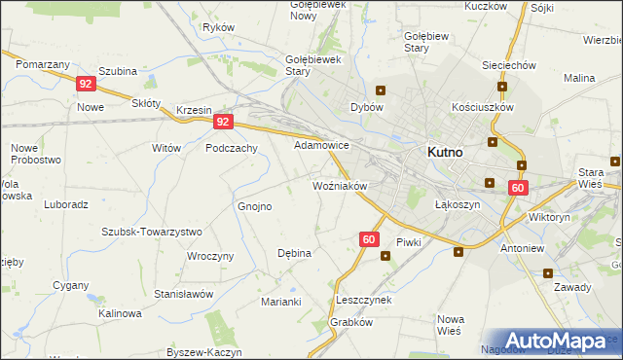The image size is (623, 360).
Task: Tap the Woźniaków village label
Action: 339,185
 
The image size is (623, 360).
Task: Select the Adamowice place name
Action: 322,145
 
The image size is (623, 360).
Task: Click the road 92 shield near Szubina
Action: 86,85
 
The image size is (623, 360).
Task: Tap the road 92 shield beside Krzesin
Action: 224,122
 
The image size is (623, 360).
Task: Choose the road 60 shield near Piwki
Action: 368,238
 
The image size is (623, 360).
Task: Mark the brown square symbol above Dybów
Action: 380,90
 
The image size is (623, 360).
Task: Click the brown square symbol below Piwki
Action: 385,257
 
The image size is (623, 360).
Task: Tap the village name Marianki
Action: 280,302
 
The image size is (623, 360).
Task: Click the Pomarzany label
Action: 43,62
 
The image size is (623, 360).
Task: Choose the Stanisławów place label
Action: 183,293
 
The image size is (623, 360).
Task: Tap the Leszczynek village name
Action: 363,300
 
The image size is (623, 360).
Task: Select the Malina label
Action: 579,77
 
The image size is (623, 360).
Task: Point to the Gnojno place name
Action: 255,206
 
